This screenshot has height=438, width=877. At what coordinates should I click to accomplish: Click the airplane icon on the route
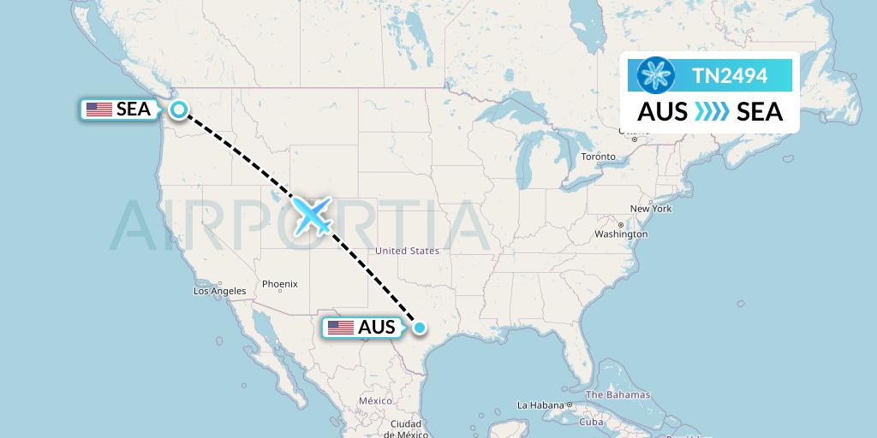(313, 216)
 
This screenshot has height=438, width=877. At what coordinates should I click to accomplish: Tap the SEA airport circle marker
(178, 109)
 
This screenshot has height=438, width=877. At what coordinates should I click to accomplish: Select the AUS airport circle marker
(420, 327)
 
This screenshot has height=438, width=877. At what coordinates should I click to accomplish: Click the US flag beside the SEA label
(99, 109)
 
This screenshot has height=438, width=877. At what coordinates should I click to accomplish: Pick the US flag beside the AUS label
(341, 328)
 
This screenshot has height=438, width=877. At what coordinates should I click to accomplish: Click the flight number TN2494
(730, 76)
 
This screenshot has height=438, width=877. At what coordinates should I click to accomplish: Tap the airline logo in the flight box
(657, 75)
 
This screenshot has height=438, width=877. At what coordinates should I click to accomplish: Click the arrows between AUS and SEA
(712, 111)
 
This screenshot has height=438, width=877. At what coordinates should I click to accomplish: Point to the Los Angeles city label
(219, 291)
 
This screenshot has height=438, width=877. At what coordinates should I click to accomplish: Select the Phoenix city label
(279, 284)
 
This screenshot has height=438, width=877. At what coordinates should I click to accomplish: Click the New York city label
(651, 209)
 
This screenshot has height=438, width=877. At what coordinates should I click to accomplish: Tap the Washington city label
(621, 234)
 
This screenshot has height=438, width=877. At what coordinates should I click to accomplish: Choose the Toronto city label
(598, 157)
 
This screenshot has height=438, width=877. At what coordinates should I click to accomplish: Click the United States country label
(407, 251)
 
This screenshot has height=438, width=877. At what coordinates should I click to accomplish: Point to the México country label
(375, 400)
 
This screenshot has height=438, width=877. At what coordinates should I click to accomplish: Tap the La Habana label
(540, 405)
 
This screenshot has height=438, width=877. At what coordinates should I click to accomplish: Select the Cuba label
(592, 422)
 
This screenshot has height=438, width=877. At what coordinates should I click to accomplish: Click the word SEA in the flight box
(760, 111)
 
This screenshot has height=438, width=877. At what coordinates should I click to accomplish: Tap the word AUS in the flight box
(662, 111)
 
